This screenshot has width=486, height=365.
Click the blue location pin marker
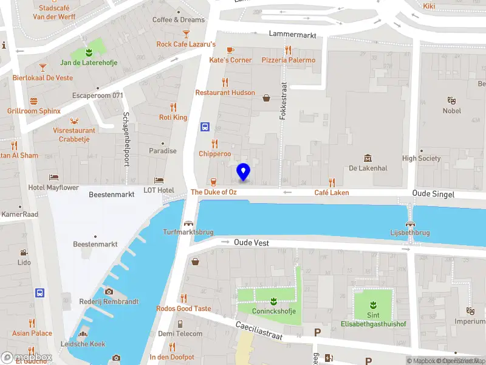coord(244,172)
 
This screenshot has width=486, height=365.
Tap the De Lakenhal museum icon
coord(368,158)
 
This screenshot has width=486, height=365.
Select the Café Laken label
coord(332,192)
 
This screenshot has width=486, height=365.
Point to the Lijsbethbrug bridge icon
coord(410,223)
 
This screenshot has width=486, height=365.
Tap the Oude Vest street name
coord(252,242)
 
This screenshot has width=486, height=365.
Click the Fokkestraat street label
coord(282,101)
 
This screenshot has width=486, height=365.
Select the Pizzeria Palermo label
coord(289,60)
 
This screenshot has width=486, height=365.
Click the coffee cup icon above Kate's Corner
coord(230,50)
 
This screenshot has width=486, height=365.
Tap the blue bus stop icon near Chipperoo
coord(205,127)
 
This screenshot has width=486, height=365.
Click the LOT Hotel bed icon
coord(159,180)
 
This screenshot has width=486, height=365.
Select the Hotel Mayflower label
coord(53,187)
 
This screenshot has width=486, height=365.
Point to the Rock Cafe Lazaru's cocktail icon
coord(186,34)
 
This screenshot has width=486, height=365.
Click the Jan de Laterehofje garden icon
coord(89,52)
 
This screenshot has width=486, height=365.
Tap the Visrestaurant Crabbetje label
coord(74,134)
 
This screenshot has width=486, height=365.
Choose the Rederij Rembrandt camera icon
coord(109,291)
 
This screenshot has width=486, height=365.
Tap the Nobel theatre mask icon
coord(451,100)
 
